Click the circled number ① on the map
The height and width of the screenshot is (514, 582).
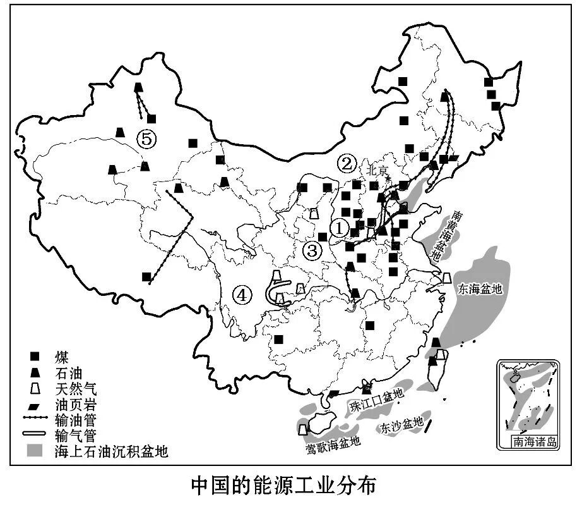coord(340,228)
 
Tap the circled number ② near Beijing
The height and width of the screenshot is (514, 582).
coord(346,164)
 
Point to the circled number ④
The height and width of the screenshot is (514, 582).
coord(242,294)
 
